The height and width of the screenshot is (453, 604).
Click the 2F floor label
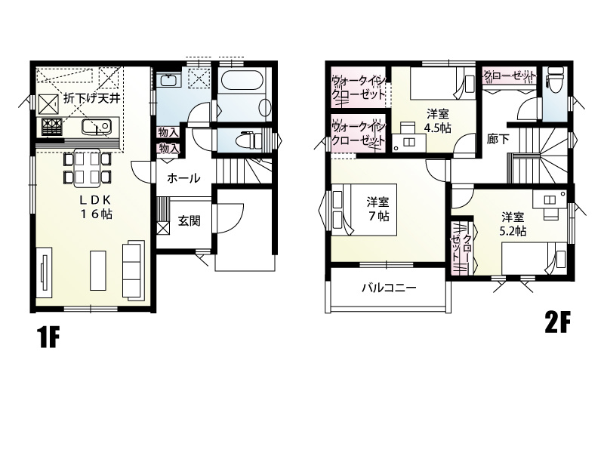point(556,323)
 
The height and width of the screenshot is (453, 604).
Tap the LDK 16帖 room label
point(96,207)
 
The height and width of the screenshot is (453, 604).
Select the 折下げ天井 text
point(91,98)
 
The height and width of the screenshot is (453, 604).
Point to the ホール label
point(183,178)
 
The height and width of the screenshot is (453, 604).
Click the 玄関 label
point(190,220)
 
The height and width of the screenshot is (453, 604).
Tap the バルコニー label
point(389,288)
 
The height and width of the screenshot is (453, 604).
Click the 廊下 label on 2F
point(498,139)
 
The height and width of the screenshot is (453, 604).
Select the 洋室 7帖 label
point(378,208)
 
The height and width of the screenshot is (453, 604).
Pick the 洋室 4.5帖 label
point(438,121)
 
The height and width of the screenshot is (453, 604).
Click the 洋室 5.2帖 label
point(513,223)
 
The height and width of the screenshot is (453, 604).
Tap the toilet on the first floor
point(251,138)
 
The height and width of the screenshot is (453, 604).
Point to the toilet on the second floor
point(555,80)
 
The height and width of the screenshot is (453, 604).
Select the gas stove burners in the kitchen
point(51,127)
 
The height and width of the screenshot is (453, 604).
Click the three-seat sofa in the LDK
point(134,270)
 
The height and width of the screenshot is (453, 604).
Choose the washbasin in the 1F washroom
point(168,80)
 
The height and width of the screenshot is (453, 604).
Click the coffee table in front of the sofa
point(98,270)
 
